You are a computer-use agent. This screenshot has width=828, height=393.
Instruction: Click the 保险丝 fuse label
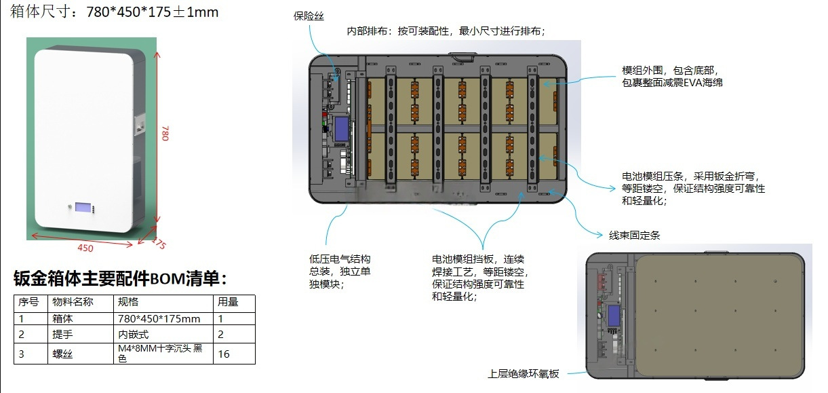tap(309, 16)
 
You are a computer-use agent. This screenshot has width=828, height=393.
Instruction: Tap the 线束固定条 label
tap(634, 236)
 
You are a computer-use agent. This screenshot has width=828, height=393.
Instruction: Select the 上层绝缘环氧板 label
tap(523, 374)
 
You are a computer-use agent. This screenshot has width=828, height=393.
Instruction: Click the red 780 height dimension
tap(165, 133)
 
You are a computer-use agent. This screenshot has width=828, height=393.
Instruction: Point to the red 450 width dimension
tap(85, 248)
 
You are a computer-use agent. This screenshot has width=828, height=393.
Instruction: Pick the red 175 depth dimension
tap(159, 243)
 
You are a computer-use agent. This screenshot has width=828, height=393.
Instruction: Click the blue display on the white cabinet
tap(83, 207)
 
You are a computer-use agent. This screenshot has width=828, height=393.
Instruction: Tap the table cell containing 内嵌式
tap(163, 334)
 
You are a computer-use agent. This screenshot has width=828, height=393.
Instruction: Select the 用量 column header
tap(234, 303)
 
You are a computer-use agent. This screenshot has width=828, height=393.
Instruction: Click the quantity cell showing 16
tap(234, 354)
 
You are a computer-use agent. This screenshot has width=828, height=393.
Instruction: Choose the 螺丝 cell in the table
tap(81, 354)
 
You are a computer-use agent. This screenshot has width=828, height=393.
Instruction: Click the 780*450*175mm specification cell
tap(163, 318)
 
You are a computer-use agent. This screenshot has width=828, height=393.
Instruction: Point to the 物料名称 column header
tap(81, 303)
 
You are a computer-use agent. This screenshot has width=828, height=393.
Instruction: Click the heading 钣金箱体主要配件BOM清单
tap(120, 278)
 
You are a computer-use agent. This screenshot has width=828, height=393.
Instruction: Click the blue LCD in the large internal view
tap(342, 129)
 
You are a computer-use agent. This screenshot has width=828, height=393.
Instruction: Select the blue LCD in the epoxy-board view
tap(614, 316)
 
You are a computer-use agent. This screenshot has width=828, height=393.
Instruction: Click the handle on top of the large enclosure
tap(462, 56)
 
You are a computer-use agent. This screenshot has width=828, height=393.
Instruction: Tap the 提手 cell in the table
tap(81, 334)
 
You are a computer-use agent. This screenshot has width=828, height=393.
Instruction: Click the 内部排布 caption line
tap(446, 31)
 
